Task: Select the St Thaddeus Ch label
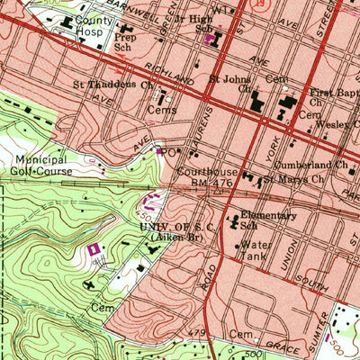[x=115, y=88]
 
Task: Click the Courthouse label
[x=206, y=171]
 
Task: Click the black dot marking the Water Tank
[x=237, y=245]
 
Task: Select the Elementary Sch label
[x=267, y=220]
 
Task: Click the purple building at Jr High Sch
[x=212, y=40]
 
